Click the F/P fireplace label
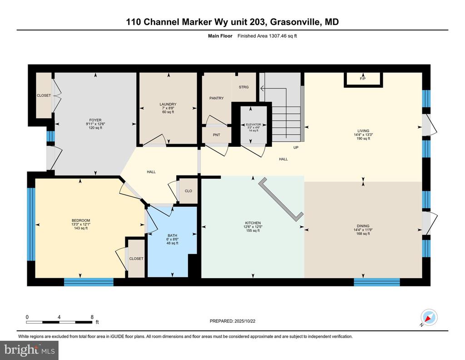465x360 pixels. [363, 79]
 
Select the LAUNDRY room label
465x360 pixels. [168, 104]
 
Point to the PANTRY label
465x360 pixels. [217, 98]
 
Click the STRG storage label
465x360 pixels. [243, 87]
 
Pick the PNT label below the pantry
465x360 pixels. [216, 135]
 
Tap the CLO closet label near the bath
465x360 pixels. [188, 190]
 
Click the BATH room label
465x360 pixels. [172, 235]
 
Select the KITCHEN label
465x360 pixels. [252, 223]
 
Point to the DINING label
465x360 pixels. [363, 226]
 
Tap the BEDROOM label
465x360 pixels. [80, 220]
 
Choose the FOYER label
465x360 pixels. [95, 120]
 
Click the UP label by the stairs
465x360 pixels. [296, 147]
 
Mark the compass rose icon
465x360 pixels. [429, 317]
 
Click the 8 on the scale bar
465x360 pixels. [92, 317]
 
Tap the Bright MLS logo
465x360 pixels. [30, 350]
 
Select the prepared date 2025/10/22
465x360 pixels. [246, 321]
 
